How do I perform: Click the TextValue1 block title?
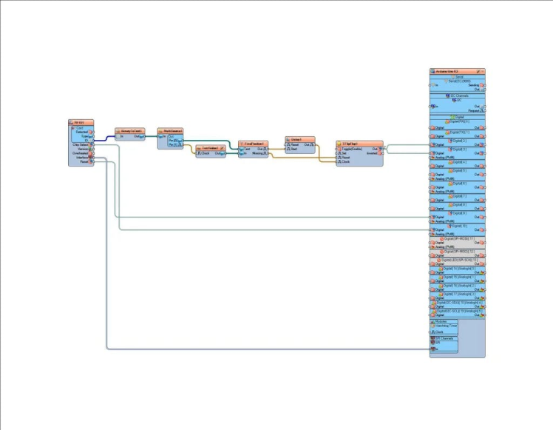click(x=211, y=147)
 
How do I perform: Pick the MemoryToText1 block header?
click(x=130, y=130)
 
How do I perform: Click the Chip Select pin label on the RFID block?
click(x=81, y=144)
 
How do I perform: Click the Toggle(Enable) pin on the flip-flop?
click(x=352, y=148)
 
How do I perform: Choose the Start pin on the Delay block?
click(x=294, y=149)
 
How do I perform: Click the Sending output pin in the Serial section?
click(x=473, y=84)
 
